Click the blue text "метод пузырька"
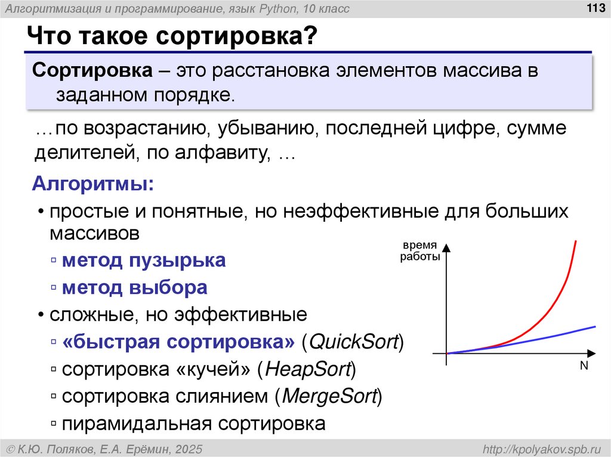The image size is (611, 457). (x=144, y=260)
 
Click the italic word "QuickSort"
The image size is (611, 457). (x=354, y=343)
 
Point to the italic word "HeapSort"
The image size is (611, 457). (x=307, y=370)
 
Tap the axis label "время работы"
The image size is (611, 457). (x=419, y=251)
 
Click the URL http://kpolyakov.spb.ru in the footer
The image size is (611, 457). (x=542, y=448)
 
